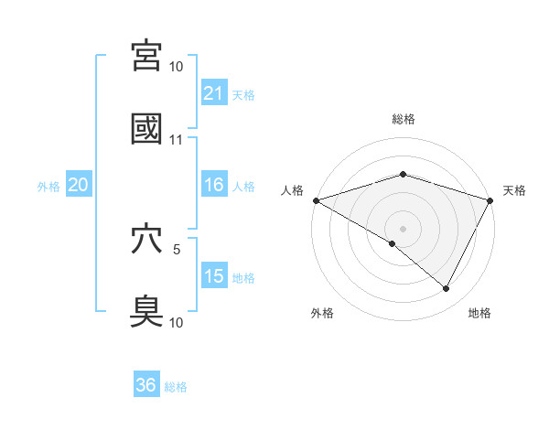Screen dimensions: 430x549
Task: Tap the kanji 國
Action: click(x=147, y=129)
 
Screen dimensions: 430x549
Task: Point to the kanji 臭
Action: click(x=147, y=311)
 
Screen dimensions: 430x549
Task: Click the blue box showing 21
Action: click(x=213, y=92)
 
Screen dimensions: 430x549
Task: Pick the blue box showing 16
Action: click(x=213, y=185)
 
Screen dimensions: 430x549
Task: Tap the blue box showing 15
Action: click(x=213, y=276)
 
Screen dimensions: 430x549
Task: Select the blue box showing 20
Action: click(x=78, y=185)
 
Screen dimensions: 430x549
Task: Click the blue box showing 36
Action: click(x=145, y=385)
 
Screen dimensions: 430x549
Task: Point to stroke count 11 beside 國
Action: click(x=177, y=140)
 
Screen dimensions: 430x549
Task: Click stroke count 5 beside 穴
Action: click(x=177, y=248)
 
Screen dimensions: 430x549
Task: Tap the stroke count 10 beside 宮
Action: click(x=177, y=67)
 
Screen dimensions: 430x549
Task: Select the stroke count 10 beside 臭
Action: click(x=177, y=322)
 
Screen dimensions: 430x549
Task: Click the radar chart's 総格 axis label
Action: click(x=403, y=119)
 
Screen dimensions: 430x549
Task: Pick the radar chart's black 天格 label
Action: click(x=514, y=190)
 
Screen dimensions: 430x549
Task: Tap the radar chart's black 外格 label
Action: click(x=321, y=313)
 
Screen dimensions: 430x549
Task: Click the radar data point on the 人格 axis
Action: click(x=316, y=199)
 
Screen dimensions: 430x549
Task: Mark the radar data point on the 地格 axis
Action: click(x=447, y=289)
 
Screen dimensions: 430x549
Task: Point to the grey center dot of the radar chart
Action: click(x=403, y=228)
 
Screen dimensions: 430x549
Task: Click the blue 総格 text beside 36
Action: click(x=176, y=387)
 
